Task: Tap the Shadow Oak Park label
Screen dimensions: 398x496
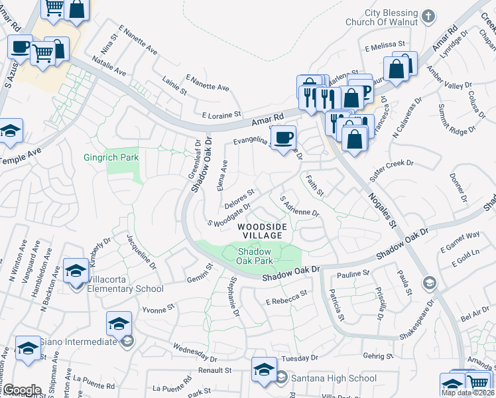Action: tap(255, 256)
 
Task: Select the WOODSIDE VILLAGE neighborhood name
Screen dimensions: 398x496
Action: tap(263, 232)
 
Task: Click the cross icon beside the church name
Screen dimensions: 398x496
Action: tap(429, 15)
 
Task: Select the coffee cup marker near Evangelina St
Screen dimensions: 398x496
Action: tap(284, 138)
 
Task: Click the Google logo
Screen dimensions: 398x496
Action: tap(22, 390)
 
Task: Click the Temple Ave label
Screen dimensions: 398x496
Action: tap(20, 157)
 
